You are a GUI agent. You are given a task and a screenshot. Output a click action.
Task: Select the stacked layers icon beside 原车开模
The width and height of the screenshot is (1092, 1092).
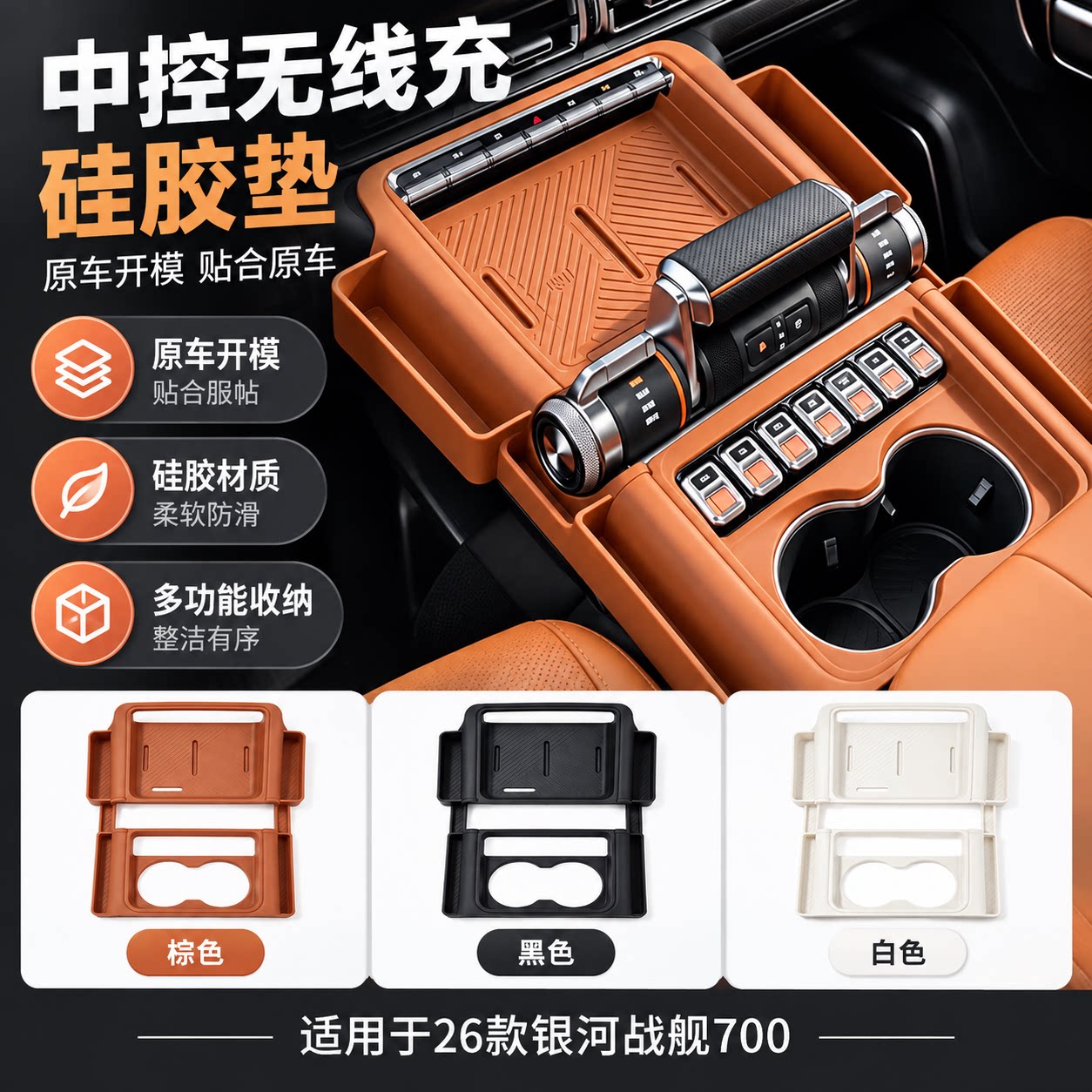(x=83, y=368)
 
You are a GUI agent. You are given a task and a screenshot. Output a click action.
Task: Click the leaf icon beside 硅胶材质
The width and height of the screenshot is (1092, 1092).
(x=83, y=489)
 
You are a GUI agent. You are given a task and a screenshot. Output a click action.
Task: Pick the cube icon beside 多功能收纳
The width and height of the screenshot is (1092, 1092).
(x=83, y=614)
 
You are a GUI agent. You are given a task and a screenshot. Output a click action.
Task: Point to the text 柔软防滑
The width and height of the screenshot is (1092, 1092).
(x=206, y=514)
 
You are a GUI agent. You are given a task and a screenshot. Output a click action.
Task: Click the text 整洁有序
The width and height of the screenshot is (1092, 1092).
(x=206, y=638)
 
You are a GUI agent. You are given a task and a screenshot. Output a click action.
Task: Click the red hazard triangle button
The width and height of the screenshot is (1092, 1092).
(x=536, y=119)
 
